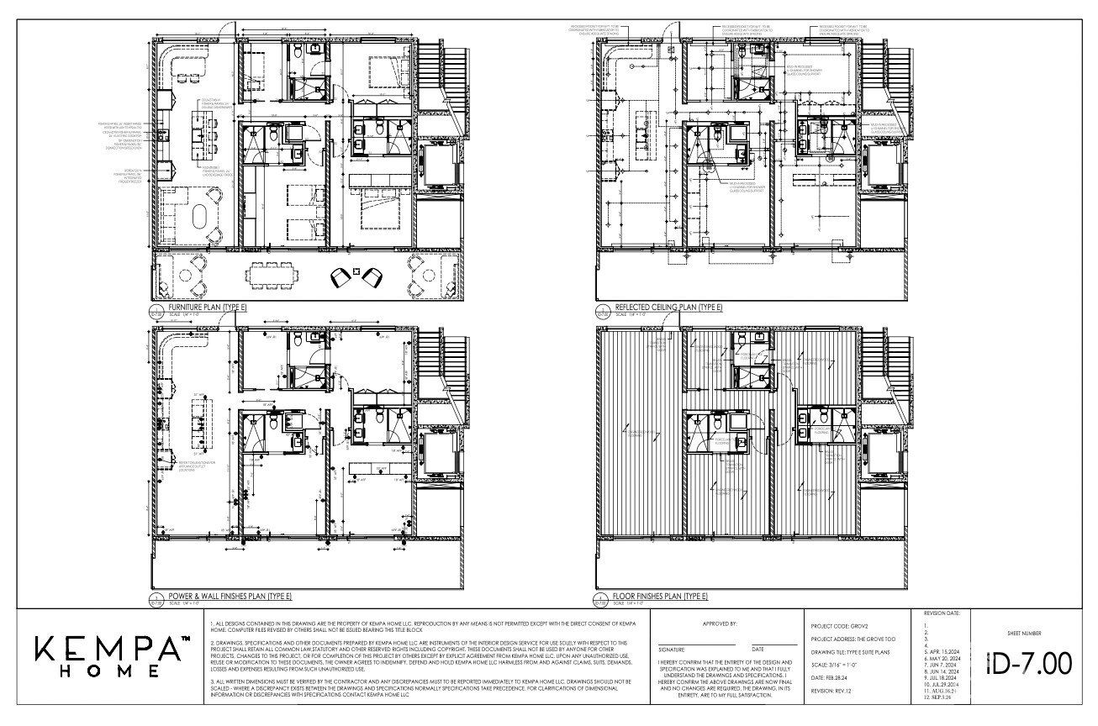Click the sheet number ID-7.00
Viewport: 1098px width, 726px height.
[1029, 663]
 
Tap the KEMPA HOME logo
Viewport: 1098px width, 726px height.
[110, 656]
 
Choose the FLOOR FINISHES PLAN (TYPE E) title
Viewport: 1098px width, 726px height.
[661, 596]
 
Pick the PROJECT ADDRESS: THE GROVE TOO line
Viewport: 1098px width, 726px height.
[853, 639]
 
